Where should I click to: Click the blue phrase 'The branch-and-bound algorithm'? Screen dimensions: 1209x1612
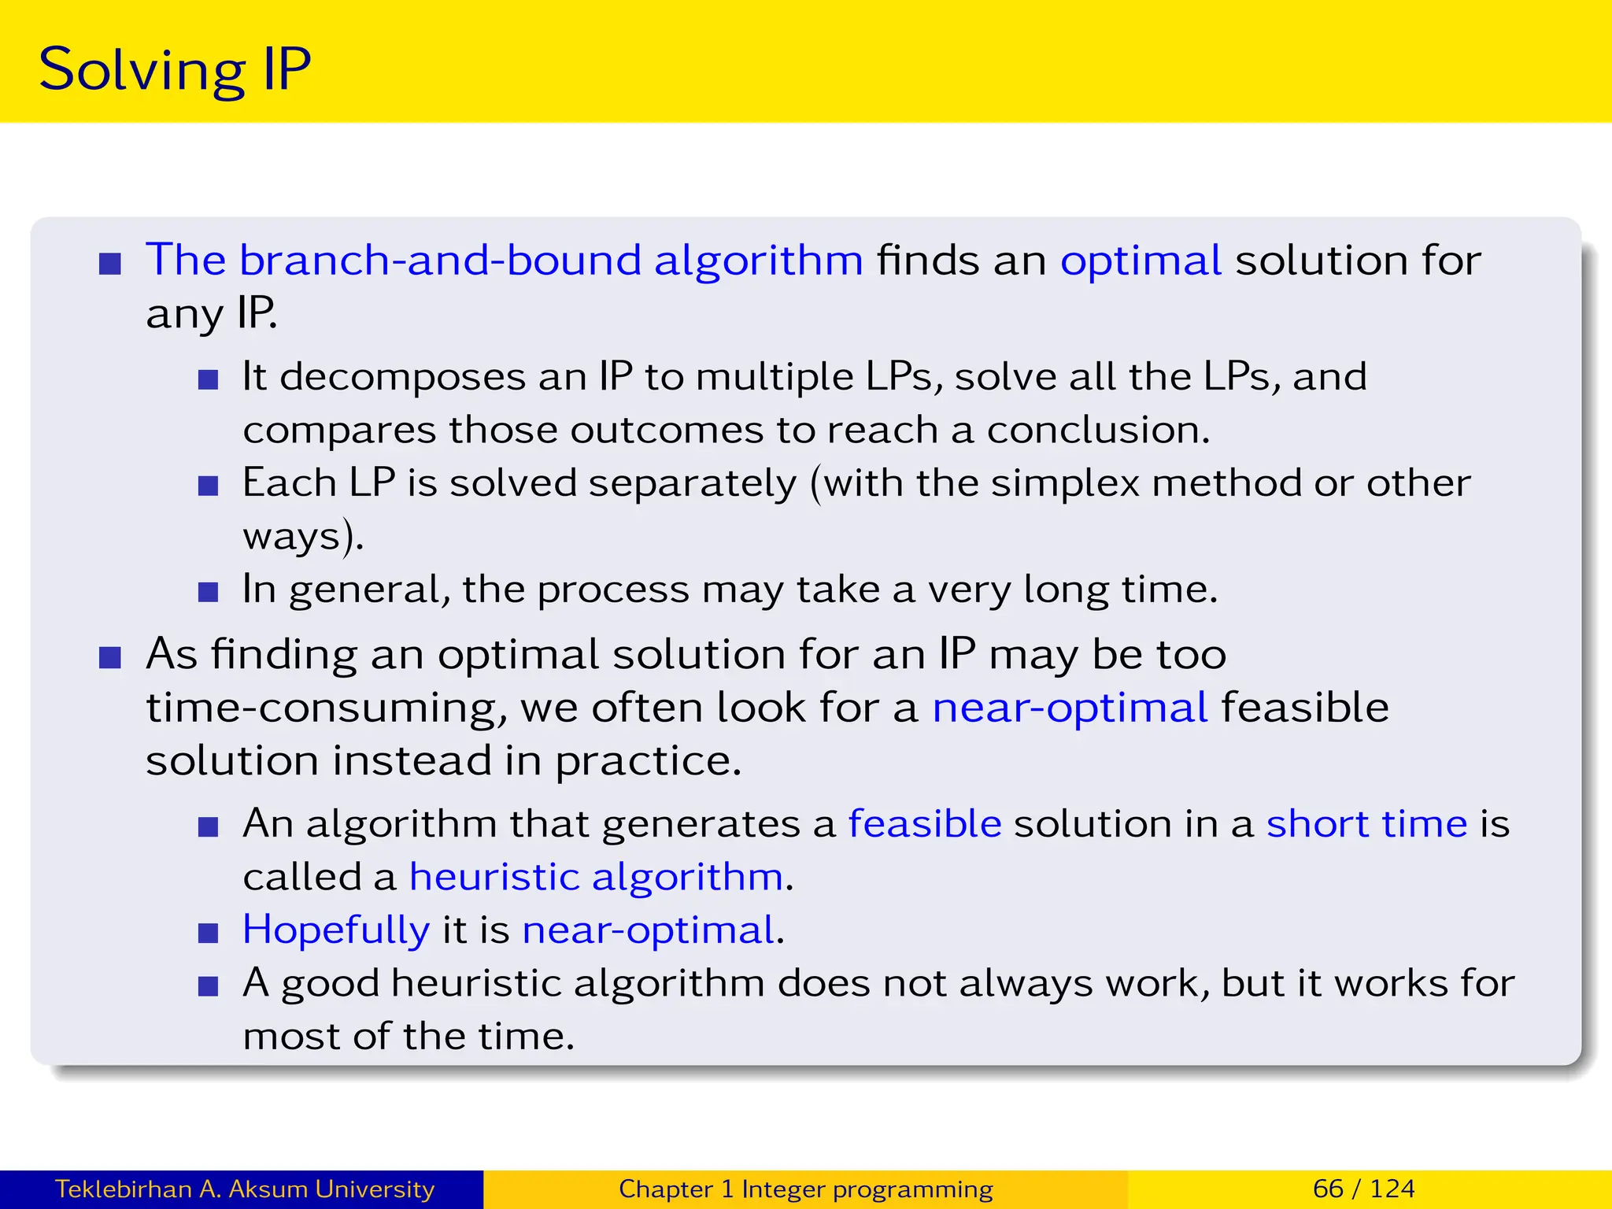504,260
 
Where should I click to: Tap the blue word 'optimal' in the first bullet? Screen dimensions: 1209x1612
1140,260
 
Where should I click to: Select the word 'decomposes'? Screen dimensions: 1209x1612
402,376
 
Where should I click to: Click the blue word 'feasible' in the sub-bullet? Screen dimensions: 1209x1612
924,824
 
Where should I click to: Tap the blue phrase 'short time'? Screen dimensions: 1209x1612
1366,824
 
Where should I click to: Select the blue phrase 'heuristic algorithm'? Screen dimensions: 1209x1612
596,877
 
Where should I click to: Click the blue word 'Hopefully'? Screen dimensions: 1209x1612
336,930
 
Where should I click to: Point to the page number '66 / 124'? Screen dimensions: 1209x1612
1363,1189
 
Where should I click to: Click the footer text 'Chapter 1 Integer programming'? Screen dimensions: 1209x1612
805,1189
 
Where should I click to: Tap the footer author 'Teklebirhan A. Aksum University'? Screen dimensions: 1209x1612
244,1189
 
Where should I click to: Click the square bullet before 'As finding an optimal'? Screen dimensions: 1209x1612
110,657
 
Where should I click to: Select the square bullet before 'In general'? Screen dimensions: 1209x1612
208,592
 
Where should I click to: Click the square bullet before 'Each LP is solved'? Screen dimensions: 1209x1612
208,486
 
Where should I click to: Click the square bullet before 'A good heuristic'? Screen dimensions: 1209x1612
208,986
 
